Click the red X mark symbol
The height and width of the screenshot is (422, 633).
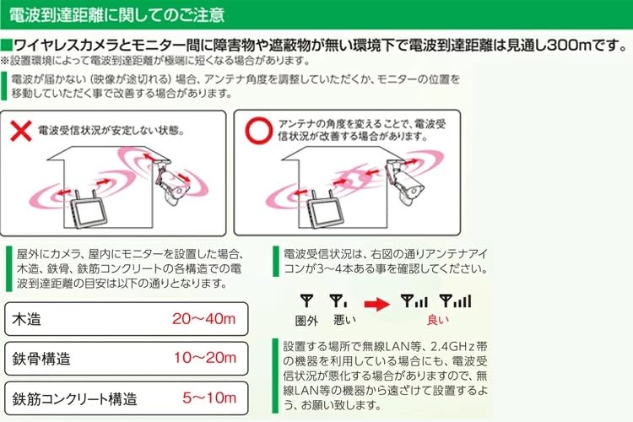(21, 131)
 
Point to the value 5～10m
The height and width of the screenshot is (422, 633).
(208, 396)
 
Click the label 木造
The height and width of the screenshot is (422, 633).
(27, 320)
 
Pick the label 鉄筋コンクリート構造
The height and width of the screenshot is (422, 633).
(74, 397)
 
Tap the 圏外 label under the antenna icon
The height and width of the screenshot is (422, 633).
(306, 321)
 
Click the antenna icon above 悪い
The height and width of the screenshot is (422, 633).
(338, 300)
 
